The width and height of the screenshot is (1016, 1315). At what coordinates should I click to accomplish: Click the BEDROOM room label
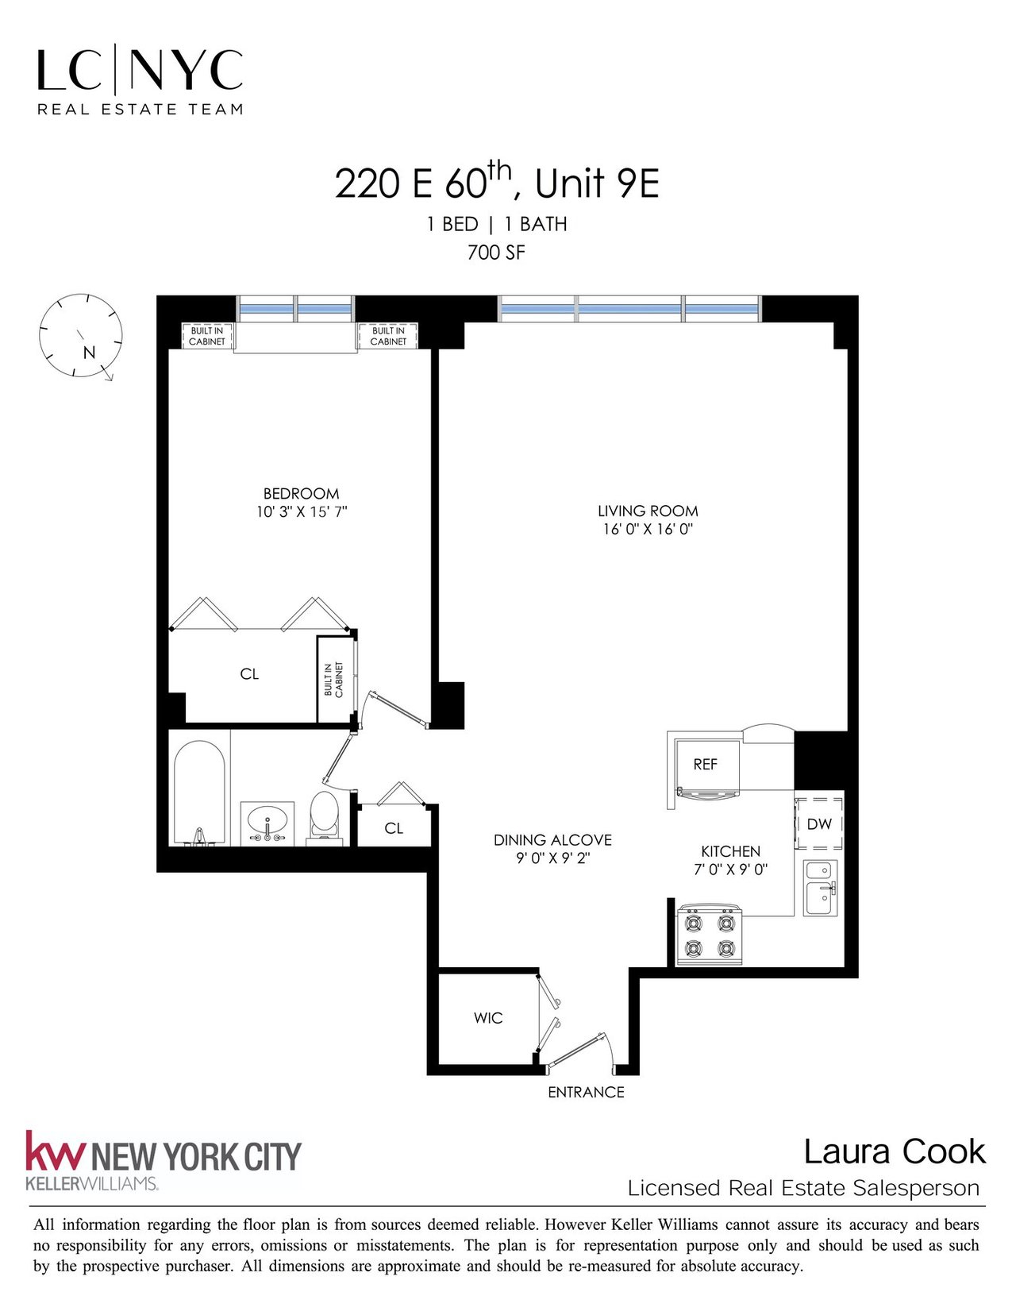(x=301, y=493)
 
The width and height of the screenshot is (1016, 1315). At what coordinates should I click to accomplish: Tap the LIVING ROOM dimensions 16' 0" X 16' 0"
(x=648, y=530)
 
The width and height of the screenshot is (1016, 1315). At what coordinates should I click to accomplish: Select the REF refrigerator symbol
(x=706, y=765)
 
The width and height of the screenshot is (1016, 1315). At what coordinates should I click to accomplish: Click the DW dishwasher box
(x=819, y=824)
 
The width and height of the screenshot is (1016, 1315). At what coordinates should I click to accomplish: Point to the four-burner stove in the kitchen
(x=708, y=935)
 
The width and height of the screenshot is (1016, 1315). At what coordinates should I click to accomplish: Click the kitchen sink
(x=820, y=888)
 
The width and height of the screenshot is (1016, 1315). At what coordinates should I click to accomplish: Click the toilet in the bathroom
(x=324, y=816)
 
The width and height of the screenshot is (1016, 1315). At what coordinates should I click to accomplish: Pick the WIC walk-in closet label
(x=488, y=1018)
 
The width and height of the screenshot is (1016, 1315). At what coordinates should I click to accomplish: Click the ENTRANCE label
(x=586, y=1093)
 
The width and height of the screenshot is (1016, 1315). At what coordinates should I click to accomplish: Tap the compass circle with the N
(x=80, y=335)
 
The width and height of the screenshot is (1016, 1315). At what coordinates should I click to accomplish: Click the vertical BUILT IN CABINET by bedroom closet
(x=334, y=680)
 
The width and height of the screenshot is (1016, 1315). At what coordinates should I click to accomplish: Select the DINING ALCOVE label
(x=552, y=840)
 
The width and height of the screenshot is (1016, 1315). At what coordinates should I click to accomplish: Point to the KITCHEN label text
(x=730, y=851)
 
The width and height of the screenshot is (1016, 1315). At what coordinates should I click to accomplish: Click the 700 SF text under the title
(x=496, y=253)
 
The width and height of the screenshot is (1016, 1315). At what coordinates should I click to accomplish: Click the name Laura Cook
(x=894, y=1152)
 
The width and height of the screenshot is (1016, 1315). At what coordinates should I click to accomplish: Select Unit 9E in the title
(x=597, y=184)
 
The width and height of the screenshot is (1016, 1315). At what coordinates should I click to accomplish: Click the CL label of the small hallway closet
(x=394, y=828)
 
